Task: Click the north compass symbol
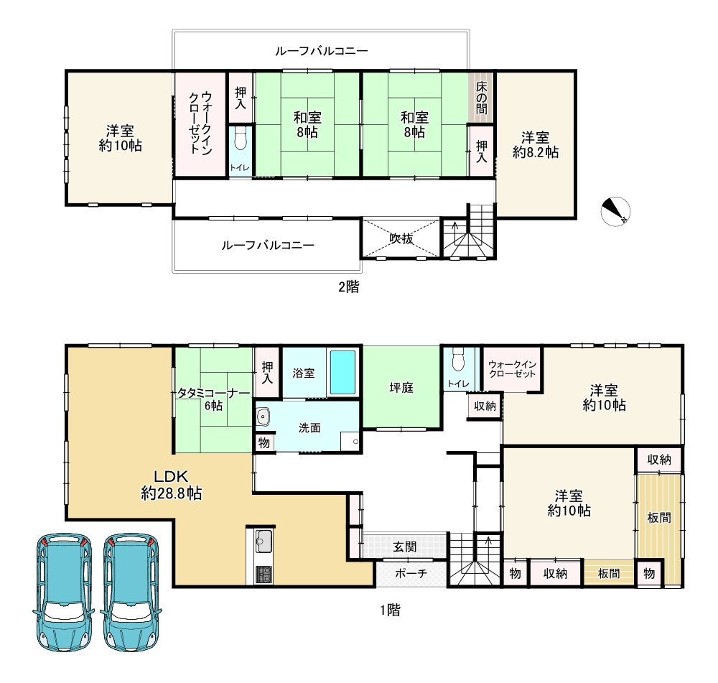pos(615,211)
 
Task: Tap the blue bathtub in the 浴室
pos(342,373)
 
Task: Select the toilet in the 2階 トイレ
pos(241,138)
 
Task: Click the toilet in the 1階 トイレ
pos(458,360)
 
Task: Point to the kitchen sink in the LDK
pos(264,541)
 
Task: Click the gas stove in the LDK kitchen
pos(264,575)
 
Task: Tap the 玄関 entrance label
pos(405,547)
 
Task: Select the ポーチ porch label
pos(411,573)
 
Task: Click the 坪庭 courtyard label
pos(401,388)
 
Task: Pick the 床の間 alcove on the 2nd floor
pos(481,98)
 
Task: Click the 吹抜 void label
pos(401,238)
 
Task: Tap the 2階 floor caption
pos(349,287)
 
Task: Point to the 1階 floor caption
pos(390,610)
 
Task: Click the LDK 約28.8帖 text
pos(172,485)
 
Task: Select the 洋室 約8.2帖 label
pos(536,145)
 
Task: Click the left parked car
pos(63,592)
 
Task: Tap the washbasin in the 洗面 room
pos(263,417)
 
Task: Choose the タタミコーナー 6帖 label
pos(214,399)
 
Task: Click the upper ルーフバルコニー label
pos(321,51)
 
